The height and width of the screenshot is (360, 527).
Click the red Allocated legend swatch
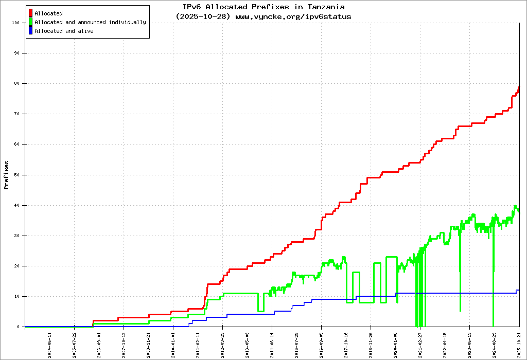(31, 13)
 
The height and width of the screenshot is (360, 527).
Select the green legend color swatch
(31, 22)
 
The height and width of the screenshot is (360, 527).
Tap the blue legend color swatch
(31, 31)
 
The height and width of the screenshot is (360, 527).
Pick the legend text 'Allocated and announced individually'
(90, 22)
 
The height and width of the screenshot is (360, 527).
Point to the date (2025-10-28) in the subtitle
(203, 16)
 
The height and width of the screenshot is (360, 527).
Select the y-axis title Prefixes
(7, 175)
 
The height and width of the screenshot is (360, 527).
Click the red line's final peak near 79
(519, 87)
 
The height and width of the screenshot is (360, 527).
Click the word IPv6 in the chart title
(192, 7)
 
